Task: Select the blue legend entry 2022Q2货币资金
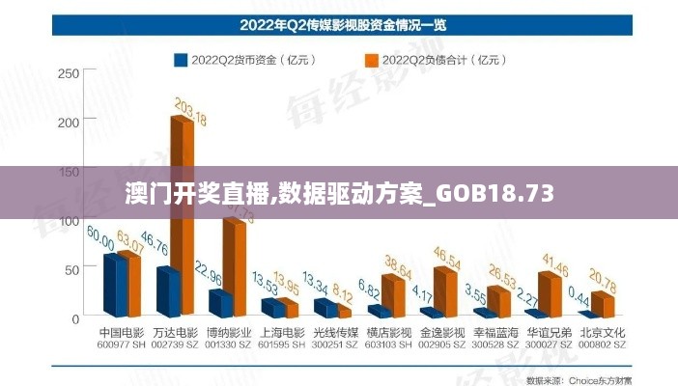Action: (x=238, y=60)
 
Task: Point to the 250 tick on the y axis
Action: (x=69, y=72)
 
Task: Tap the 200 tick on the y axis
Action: (x=69, y=122)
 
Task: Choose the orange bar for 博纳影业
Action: (x=233, y=265)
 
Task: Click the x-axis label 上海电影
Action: (x=281, y=332)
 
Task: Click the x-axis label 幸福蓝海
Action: (x=493, y=332)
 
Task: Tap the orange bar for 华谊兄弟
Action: (x=550, y=293)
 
